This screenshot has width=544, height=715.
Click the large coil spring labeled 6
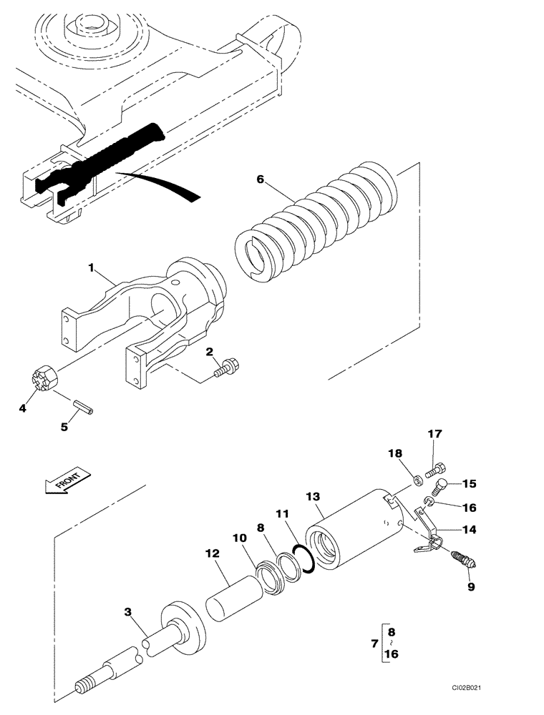tap(319, 222)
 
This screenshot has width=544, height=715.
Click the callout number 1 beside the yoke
tap(92, 267)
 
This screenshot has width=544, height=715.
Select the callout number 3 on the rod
tap(127, 612)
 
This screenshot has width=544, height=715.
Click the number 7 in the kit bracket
tap(376, 645)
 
